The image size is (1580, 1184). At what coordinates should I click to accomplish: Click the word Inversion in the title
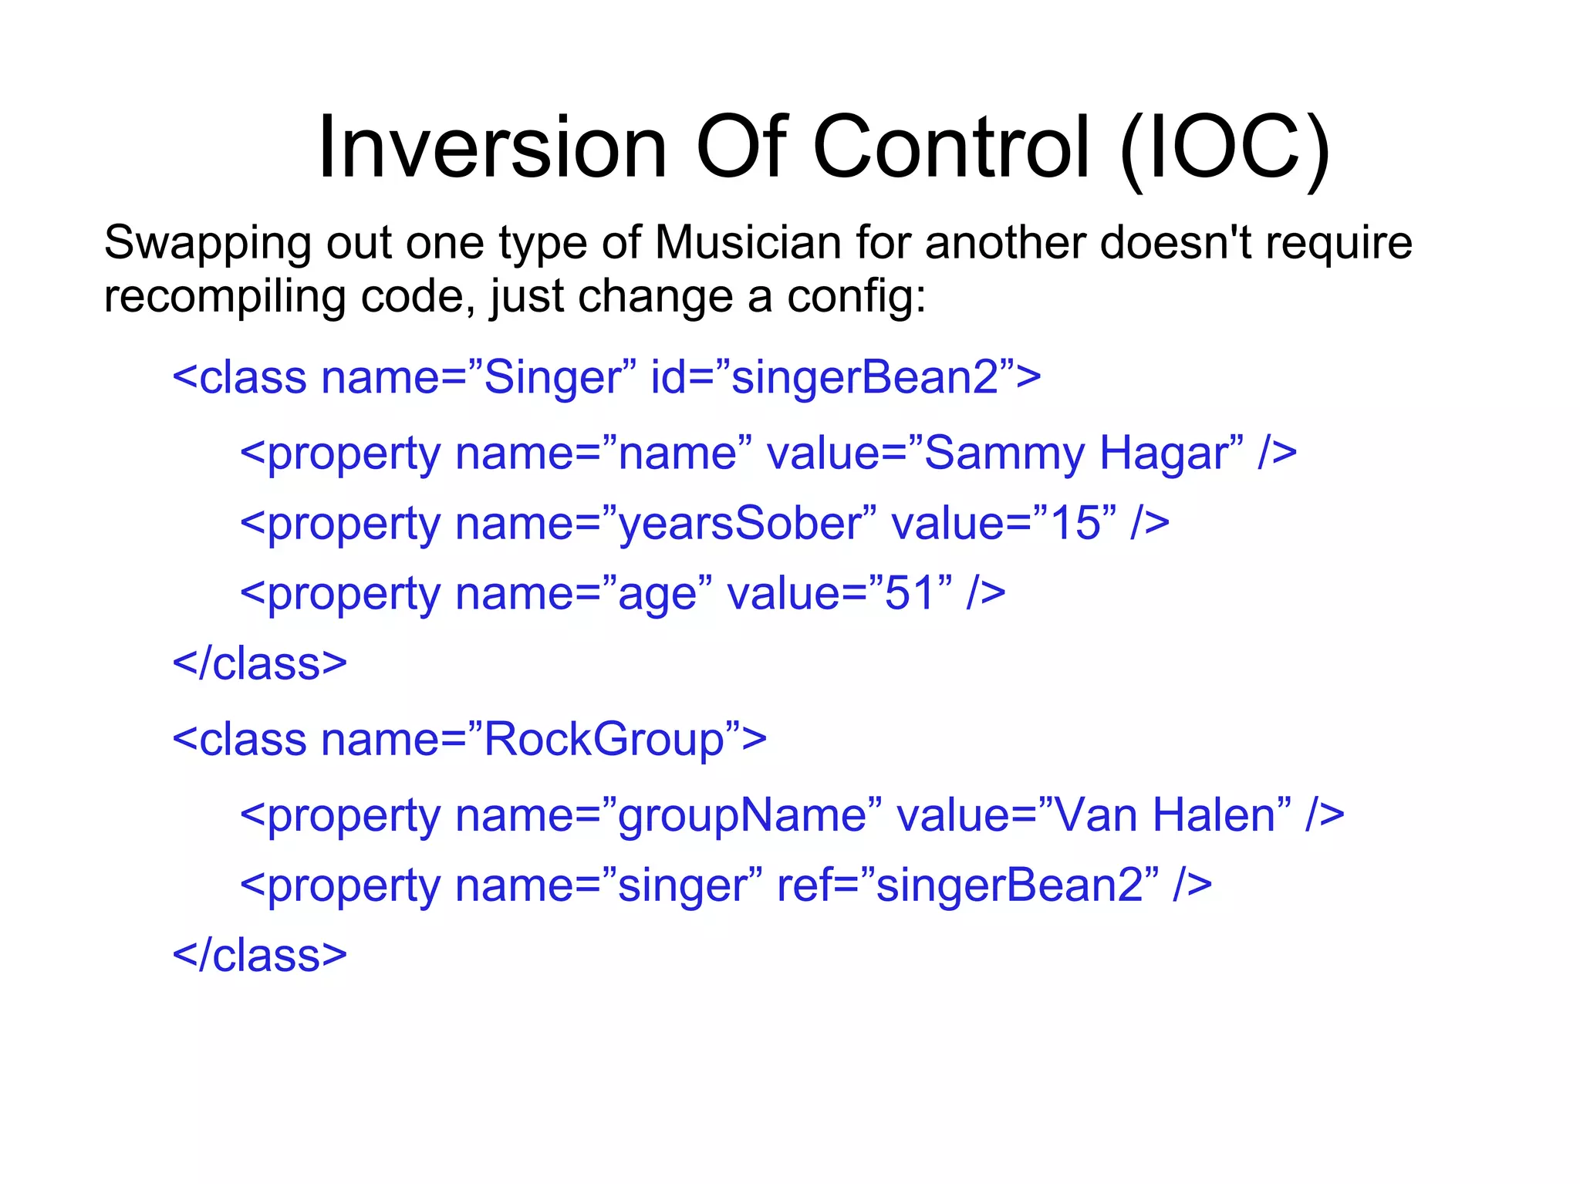tap(491, 147)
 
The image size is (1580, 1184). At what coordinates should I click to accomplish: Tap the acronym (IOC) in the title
tap(1224, 148)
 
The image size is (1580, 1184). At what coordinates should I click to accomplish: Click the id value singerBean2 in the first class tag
tap(864, 377)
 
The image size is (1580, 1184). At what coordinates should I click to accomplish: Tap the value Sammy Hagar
tap(1076, 453)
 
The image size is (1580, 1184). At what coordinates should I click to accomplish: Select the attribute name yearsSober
tap(740, 524)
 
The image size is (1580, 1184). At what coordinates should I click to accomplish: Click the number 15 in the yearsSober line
tap(1075, 524)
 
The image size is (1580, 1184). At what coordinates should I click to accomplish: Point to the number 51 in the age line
tap(910, 594)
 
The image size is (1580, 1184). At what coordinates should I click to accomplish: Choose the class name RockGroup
tap(604, 740)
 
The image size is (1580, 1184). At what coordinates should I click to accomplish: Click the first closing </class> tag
tap(260, 664)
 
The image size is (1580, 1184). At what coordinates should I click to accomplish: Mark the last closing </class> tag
tap(260, 956)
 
